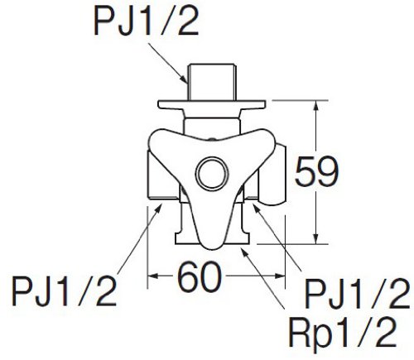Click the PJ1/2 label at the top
click(147, 22)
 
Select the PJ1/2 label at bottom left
click(64, 291)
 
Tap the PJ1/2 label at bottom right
click(358, 293)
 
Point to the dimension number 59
click(316, 172)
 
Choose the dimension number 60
click(200, 276)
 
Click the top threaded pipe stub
click(211, 82)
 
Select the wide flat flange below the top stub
click(212, 104)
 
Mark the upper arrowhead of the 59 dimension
click(316, 105)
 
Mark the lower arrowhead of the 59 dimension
click(316, 238)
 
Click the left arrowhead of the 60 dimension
click(153, 276)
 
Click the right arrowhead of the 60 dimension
click(279, 276)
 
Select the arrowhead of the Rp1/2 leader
click(244, 252)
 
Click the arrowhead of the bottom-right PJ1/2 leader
click(256, 209)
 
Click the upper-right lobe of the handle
click(263, 141)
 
